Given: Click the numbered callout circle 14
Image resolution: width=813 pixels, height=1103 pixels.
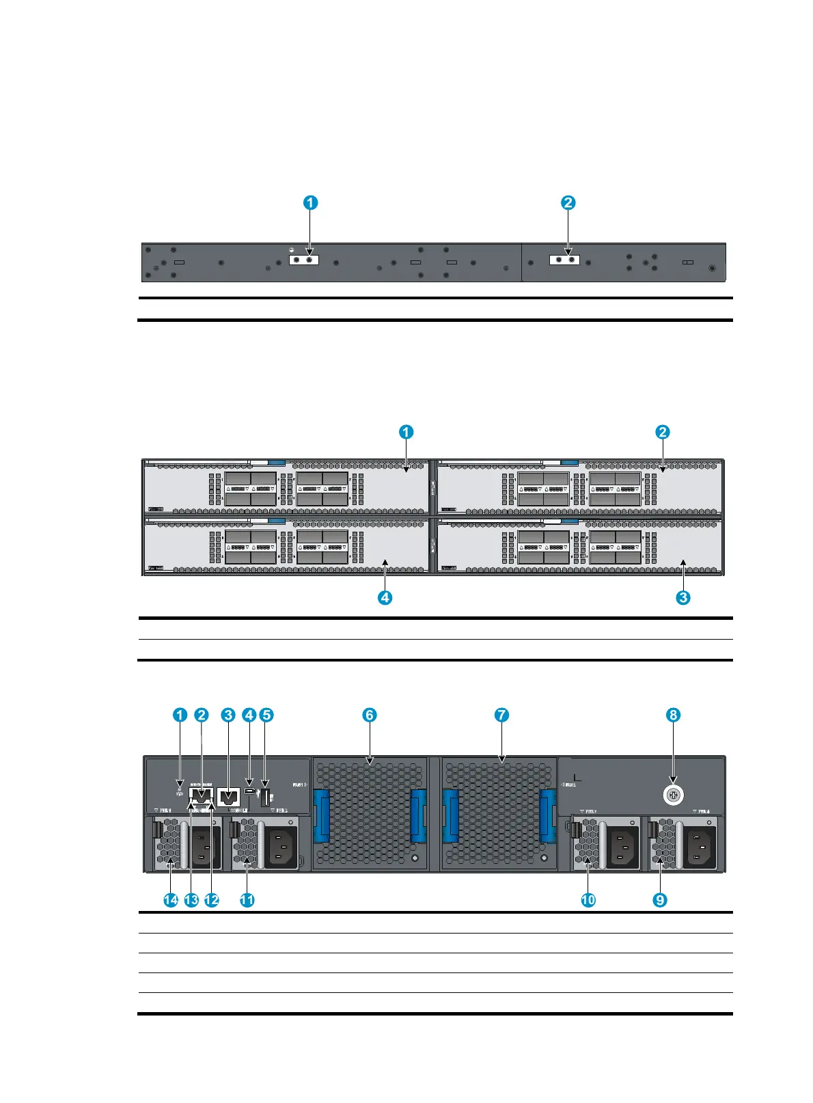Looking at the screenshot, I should tap(171, 900).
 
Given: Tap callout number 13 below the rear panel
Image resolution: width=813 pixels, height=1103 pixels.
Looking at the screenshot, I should tap(191, 900).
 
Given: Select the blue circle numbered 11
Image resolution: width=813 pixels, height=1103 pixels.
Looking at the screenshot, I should tap(247, 900).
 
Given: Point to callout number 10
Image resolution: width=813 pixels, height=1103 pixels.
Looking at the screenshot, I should tap(588, 900).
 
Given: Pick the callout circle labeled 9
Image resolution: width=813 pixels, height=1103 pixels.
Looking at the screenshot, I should tap(660, 900).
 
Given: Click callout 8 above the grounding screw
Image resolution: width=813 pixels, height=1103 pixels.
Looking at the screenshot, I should tap(674, 715).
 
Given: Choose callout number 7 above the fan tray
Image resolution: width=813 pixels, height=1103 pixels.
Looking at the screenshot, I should tap(501, 715).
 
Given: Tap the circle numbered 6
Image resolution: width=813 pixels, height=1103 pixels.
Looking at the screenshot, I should tap(369, 715).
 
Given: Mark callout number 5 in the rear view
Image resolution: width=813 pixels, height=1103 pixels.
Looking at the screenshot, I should tap(266, 715).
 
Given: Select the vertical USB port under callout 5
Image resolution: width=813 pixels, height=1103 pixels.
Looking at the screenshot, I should tap(266, 797).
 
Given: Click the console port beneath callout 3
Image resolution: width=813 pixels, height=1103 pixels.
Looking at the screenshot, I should tap(228, 797).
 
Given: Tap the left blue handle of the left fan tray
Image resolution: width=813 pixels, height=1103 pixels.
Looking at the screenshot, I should tap(322, 816).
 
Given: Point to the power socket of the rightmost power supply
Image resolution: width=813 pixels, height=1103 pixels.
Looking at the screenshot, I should tap(699, 847).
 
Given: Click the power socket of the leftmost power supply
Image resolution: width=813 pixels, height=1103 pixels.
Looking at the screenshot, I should tap(203, 847).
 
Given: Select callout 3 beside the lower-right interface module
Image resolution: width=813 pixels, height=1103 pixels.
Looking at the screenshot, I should tap(683, 597).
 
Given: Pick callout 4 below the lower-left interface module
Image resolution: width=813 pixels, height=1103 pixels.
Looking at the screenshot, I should tap(385, 597).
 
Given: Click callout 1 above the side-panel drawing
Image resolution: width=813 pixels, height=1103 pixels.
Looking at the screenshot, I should tap(310, 202).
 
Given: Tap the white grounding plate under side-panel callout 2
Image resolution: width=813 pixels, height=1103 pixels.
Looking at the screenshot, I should tap(564, 260).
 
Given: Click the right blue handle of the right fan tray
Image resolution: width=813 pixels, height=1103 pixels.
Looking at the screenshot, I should tap(547, 816).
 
